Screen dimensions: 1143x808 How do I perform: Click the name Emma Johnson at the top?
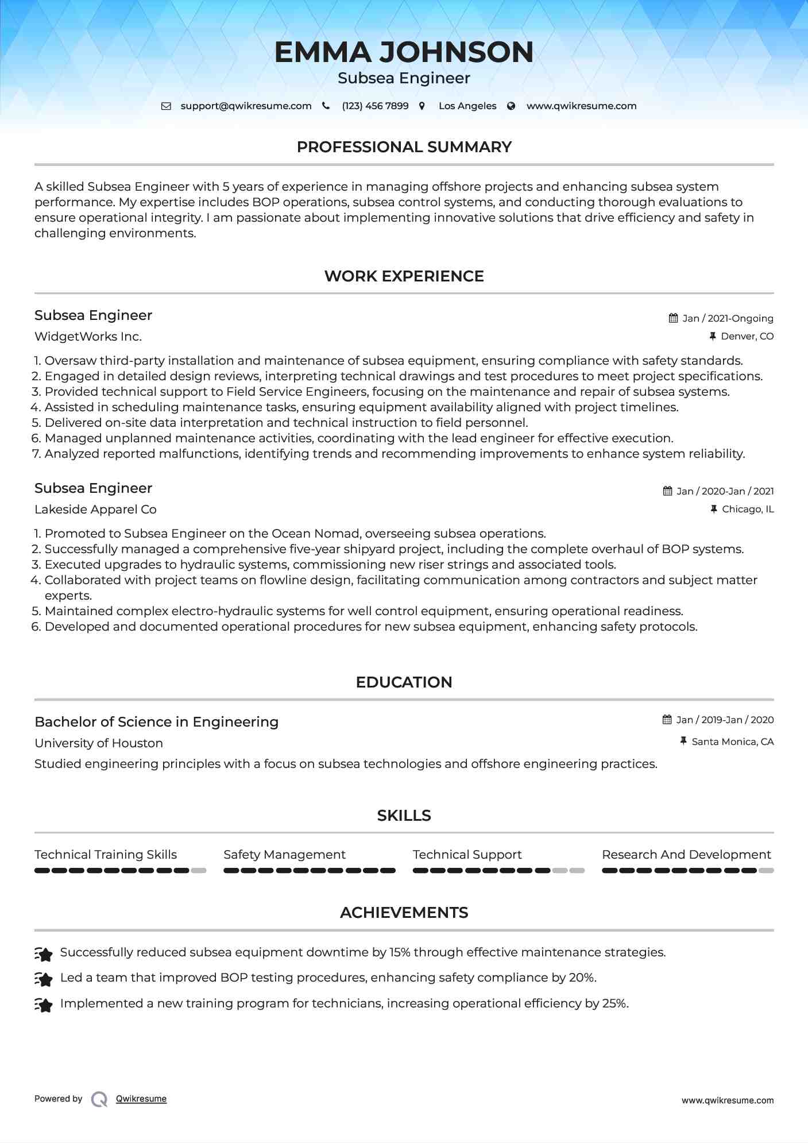pos(404,52)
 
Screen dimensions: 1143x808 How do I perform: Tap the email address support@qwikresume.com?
pos(246,106)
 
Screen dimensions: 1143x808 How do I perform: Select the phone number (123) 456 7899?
pos(375,106)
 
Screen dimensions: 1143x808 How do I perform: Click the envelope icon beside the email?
pos(166,106)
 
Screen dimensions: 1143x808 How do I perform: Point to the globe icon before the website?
pos(511,106)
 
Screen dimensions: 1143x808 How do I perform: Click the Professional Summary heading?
pos(404,147)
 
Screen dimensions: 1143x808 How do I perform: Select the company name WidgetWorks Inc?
pos(88,337)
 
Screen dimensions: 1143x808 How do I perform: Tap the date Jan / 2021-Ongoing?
pos(728,318)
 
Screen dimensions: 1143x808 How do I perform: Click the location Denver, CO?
pos(747,336)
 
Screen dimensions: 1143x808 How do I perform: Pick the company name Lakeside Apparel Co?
pos(95,509)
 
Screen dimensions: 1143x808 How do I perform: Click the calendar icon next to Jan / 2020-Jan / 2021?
pos(667,491)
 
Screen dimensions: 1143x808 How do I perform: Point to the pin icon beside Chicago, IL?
pos(714,509)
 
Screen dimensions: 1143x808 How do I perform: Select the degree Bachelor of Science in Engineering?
pos(156,722)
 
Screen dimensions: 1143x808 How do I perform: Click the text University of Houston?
pos(99,743)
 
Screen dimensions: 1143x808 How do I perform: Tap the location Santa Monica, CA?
pos(733,742)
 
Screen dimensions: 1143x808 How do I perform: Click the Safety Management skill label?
pos(284,855)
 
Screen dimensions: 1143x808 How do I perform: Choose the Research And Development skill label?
pos(686,855)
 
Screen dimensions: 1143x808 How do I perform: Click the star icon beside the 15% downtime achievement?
pos(44,953)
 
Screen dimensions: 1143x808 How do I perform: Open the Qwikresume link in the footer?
pos(141,1099)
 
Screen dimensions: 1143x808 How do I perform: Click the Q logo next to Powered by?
pos(99,1099)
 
